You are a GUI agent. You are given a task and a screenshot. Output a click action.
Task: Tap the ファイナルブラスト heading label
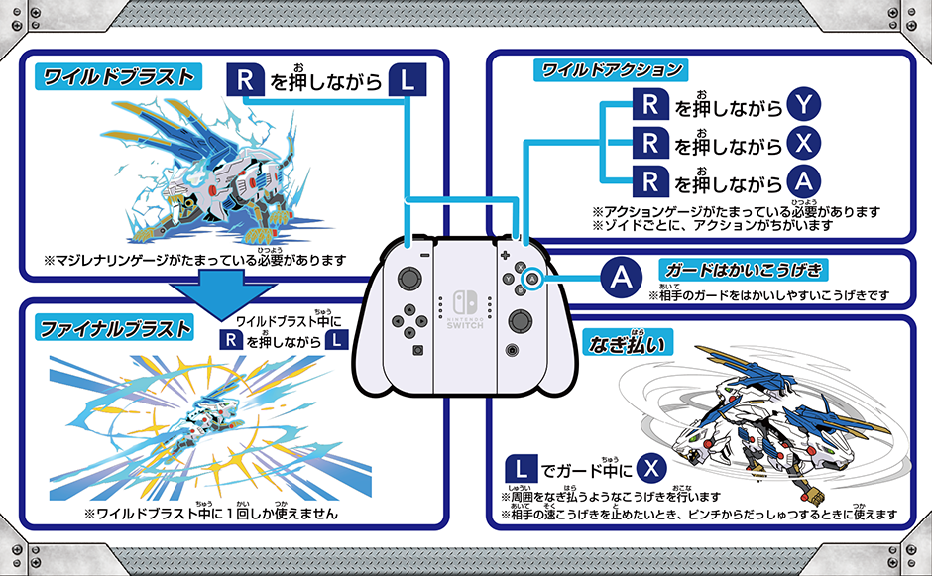116,326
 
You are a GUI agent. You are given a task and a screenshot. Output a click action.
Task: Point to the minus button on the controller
424,256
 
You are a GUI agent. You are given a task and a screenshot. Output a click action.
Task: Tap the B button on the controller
521,290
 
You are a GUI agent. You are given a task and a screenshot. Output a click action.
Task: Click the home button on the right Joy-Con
510,349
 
